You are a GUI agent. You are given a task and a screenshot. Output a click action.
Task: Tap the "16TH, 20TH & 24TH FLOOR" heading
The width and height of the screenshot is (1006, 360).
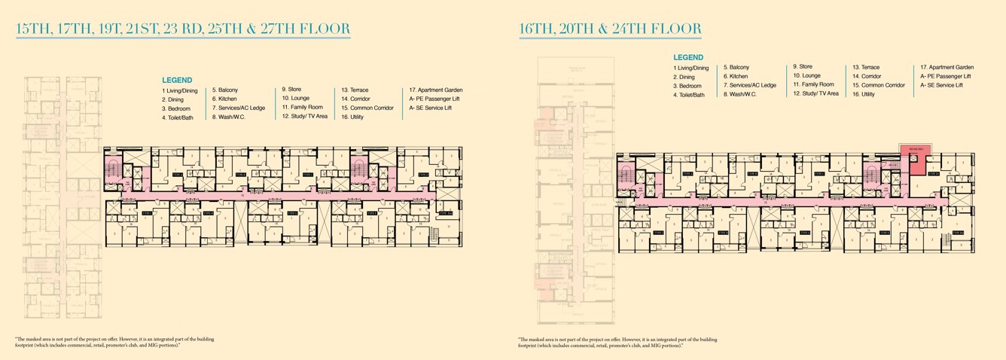pyautogui.click(x=610, y=29)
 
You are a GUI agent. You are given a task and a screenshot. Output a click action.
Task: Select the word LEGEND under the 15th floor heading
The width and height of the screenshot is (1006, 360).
pyautogui.click(x=177, y=80)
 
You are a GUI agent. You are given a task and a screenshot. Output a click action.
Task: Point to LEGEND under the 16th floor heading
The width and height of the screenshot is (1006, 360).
pyautogui.click(x=688, y=57)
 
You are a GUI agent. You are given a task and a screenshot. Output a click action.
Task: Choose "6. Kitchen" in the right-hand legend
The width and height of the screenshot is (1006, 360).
pyautogui.click(x=736, y=76)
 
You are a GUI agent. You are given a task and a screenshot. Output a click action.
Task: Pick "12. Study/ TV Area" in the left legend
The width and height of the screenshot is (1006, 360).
pyautogui.click(x=304, y=117)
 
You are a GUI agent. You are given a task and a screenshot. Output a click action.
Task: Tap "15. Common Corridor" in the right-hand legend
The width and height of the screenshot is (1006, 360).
pyautogui.click(x=878, y=85)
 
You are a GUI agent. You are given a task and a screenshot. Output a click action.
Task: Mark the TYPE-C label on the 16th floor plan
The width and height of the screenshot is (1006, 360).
pyautogui.click(x=819, y=174)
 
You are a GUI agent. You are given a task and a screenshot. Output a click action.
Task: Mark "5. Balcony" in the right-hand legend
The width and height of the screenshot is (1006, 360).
pyautogui.click(x=736, y=67)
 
